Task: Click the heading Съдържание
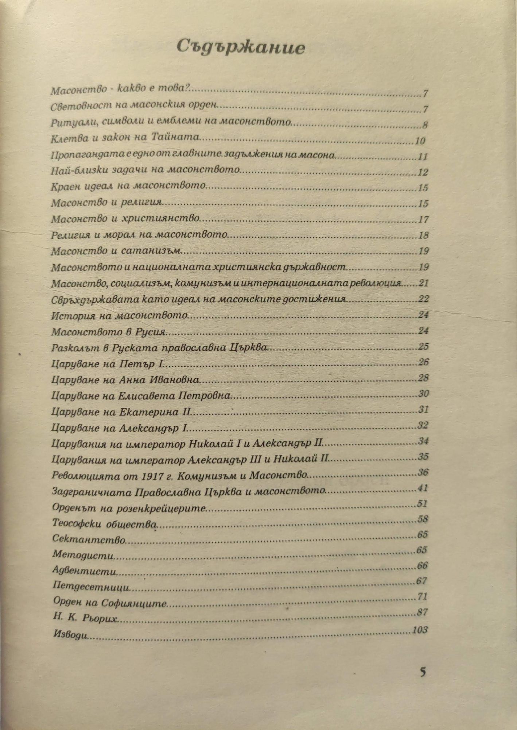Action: coord(240,47)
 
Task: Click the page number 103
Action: coord(419,630)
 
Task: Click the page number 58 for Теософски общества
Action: coord(422,519)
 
